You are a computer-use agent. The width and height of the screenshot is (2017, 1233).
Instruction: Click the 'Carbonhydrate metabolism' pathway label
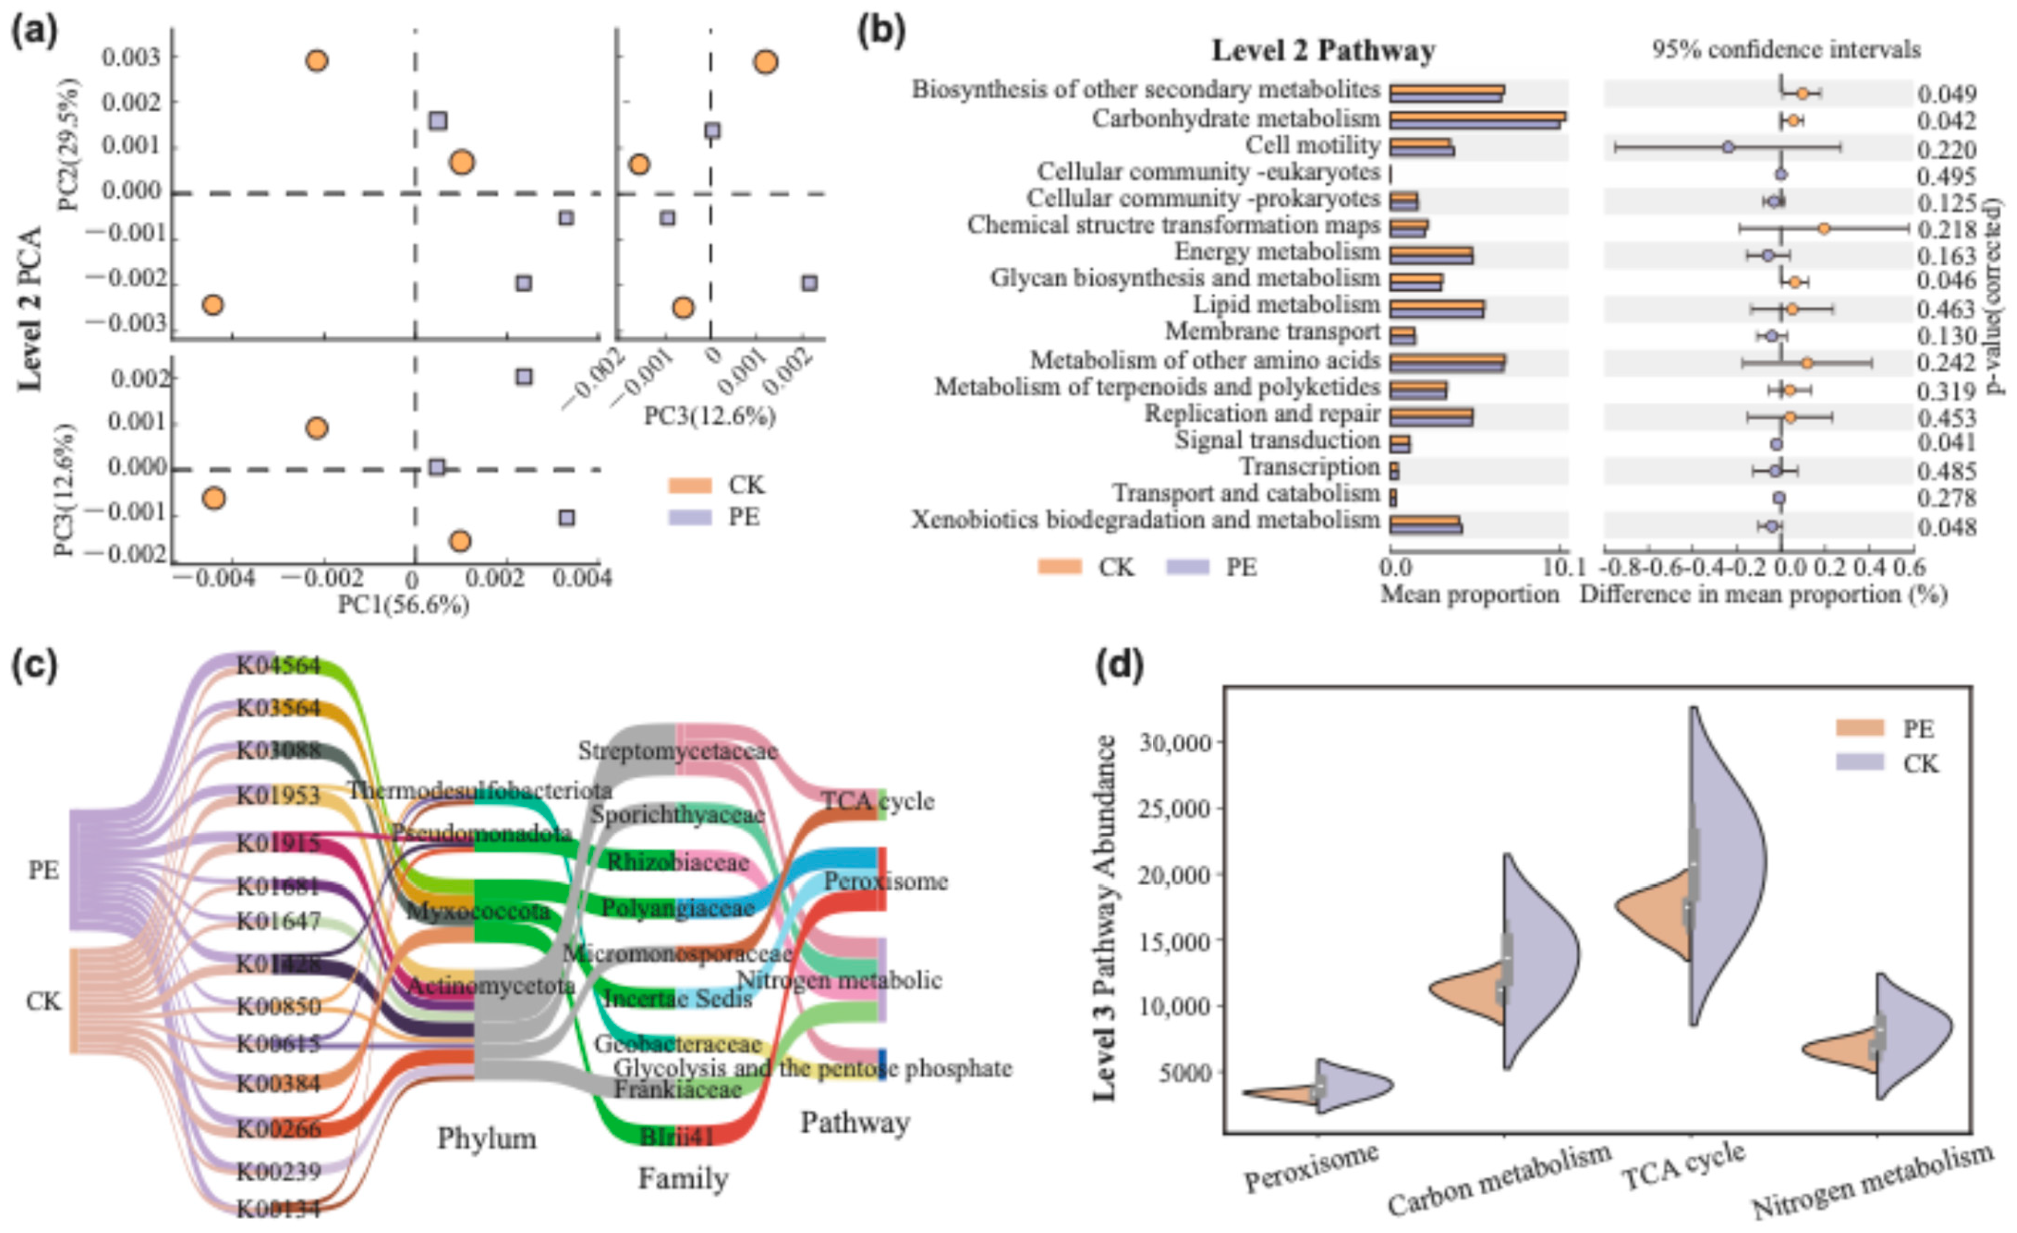coord(1236,119)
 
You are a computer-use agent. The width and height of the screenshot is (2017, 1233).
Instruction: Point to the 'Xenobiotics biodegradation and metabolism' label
coord(1145,521)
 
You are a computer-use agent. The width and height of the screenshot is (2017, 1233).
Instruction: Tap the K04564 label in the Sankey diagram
coord(279,665)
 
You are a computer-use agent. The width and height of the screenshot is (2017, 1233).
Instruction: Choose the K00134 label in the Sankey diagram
coord(279,1209)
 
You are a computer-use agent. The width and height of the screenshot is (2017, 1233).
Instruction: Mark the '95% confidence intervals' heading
coord(1785,50)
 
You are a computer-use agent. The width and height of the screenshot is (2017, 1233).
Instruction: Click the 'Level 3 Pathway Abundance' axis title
coord(1106,917)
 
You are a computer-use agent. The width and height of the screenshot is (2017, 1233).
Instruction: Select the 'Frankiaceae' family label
coord(678,1089)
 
